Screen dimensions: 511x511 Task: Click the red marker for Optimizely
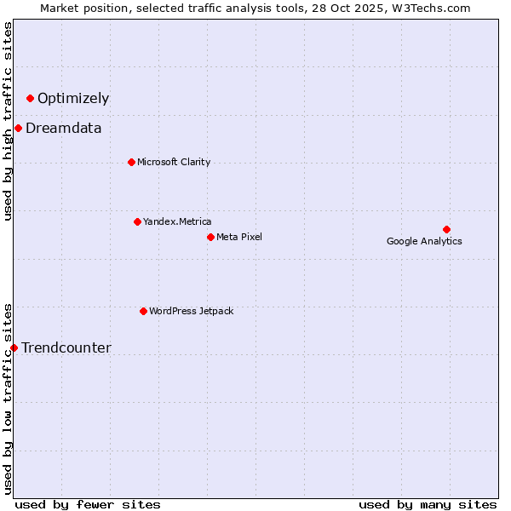[x=30, y=99]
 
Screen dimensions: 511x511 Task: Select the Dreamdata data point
[x=18, y=129]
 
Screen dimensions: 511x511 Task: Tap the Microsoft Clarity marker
[x=131, y=162]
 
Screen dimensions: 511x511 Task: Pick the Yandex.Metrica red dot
[x=137, y=221]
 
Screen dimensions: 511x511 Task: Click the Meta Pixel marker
[x=210, y=237]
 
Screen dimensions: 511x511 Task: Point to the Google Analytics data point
[x=446, y=229]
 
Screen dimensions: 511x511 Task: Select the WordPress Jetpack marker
[x=143, y=311]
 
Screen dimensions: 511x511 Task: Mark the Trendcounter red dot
[x=14, y=347]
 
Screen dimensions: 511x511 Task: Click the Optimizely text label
[x=73, y=99]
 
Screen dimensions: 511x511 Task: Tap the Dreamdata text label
[x=64, y=129]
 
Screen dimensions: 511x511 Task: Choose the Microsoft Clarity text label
[x=174, y=162]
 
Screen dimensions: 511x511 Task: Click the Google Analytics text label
[x=424, y=241]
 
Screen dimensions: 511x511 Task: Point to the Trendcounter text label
[x=66, y=347]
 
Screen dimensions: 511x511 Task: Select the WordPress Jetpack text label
[x=191, y=311]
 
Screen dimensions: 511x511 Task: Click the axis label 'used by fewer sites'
[x=88, y=504]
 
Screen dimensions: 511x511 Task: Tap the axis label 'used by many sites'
[x=428, y=504]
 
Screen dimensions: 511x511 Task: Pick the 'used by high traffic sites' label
[x=8, y=121]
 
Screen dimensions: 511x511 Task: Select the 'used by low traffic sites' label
[x=8, y=398]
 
